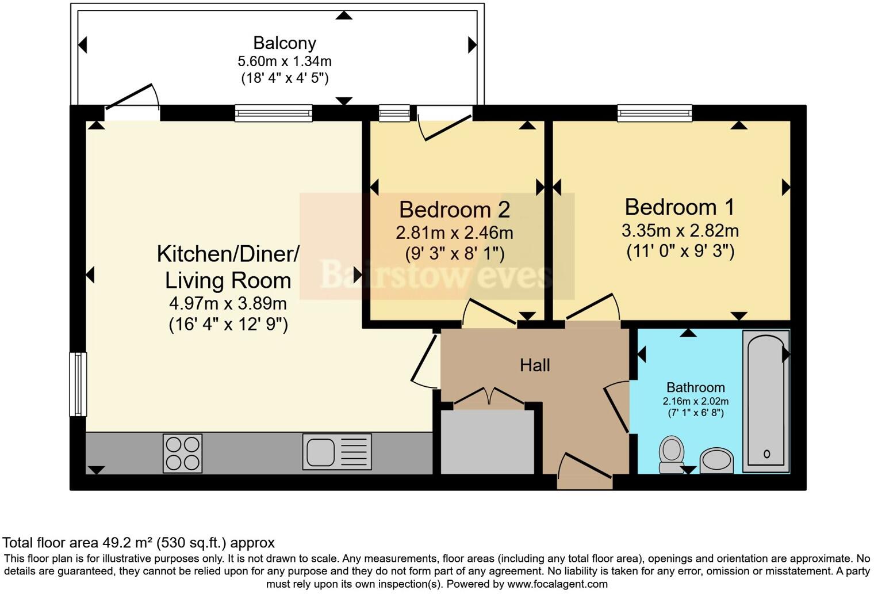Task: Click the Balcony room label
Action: tap(285, 43)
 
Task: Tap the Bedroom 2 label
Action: tap(455, 210)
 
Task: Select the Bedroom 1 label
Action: tap(680, 207)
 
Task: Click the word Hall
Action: tap(535, 365)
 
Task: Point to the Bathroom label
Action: tap(696, 387)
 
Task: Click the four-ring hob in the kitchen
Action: tap(183, 454)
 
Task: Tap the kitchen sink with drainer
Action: tap(337, 452)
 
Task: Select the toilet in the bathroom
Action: tap(671, 454)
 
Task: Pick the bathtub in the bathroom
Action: tap(766, 401)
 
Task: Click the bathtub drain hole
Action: tap(766, 454)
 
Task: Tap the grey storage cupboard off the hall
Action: tap(487, 441)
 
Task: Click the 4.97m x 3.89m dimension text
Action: tap(228, 303)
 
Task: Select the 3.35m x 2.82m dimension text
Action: tap(680, 231)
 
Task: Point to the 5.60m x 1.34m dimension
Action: tap(285, 62)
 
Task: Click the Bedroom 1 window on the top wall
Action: tap(654, 113)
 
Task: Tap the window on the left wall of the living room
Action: tap(78, 384)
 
